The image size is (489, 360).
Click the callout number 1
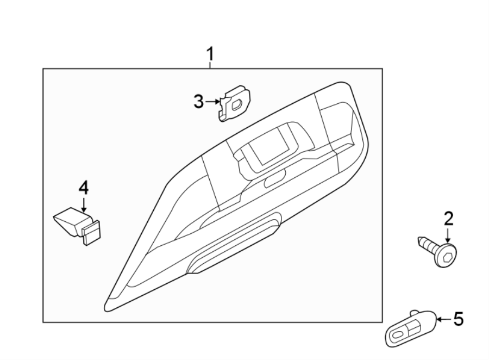coord(210,54)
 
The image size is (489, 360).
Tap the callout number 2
coord(448,220)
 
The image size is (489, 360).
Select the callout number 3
coord(199,101)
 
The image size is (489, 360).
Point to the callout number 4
coord(83,188)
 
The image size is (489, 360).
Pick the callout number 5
coord(459,320)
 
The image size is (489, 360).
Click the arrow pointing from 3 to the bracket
coord(212,101)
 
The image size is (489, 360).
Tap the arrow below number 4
coord(84,204)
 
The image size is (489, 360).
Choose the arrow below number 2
coord(448,236)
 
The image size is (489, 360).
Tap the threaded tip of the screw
coord(421,240)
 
